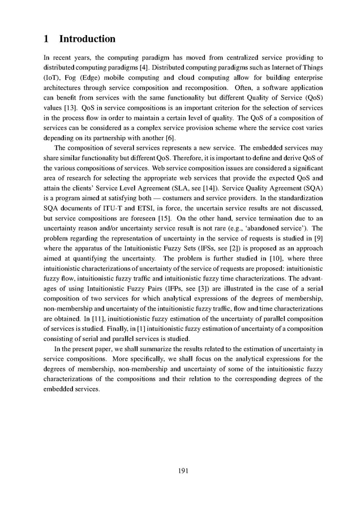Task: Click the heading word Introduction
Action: click(x=87, y=39)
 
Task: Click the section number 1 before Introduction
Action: click(x=46, y=39)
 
